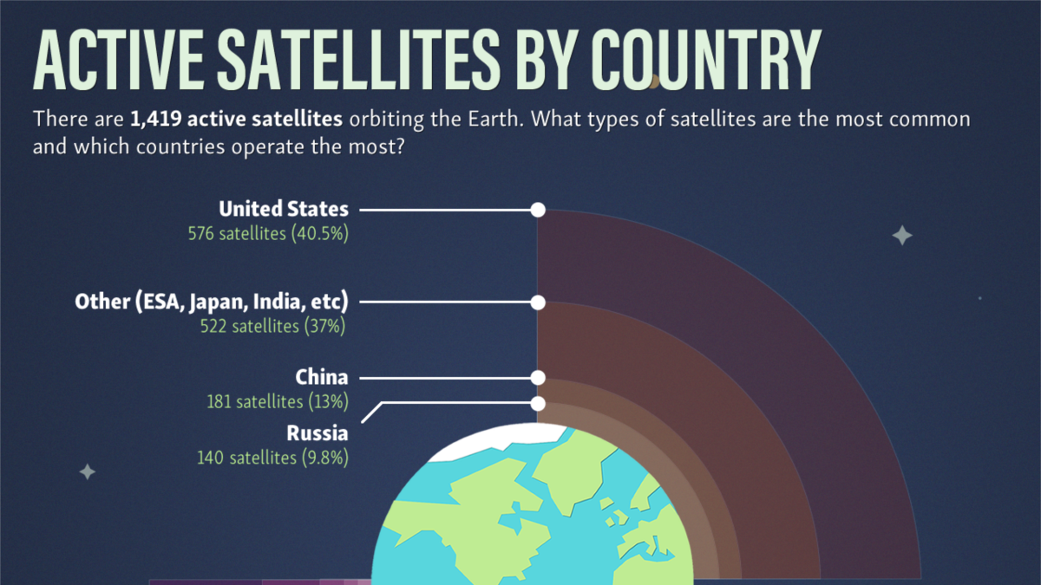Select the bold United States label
[284, 209]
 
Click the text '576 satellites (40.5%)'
[268, 233]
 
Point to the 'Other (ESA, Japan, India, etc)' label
[212, 302]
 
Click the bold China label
[322, 377]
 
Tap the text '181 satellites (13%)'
[278, 401]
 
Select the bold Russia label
[318, 432]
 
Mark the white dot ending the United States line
[538, 210]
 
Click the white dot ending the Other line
[538, 302]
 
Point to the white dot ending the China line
[538, 378]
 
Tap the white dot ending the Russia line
[538, 403]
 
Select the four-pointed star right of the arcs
[902, 235]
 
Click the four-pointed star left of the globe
[87, 471]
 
